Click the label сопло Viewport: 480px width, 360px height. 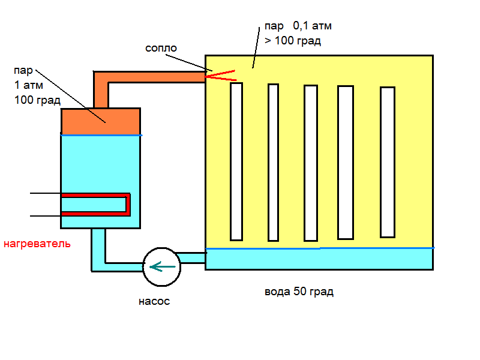[161, 47]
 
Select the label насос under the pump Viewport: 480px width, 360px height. [154, 302]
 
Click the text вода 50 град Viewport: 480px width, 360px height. [299, 293]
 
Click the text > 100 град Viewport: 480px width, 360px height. [293, 41]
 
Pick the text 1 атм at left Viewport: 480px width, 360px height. [30, 86]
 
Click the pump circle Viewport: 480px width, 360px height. [161, 266]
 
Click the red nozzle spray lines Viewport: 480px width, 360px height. [221, 75]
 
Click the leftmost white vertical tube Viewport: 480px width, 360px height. [236, 161]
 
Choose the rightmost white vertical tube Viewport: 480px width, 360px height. [388, 162]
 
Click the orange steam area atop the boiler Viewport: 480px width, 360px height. [101, 121]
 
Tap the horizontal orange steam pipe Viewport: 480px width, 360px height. [156, 77]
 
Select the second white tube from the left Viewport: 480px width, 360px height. [273, 162]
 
